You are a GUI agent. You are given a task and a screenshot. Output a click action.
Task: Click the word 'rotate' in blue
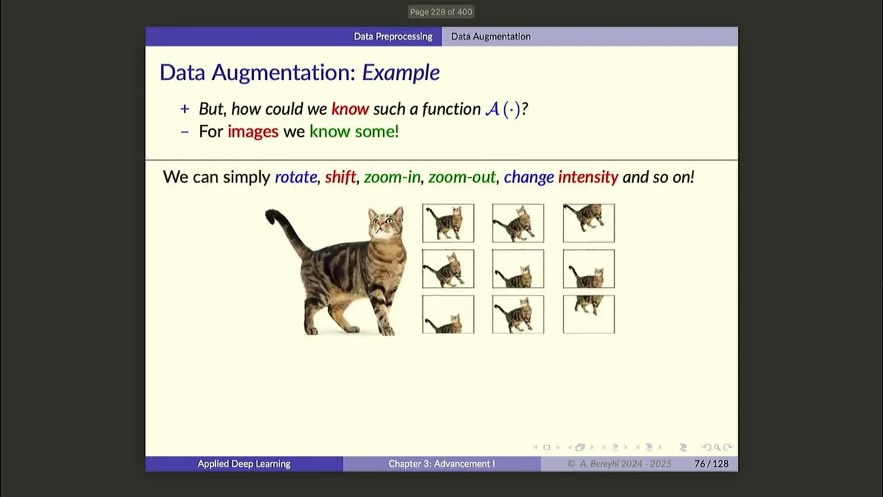pos(295,177)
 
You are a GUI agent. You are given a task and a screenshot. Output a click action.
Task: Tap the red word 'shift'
pos(340,177)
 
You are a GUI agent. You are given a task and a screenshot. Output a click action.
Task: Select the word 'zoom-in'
pos(392,177)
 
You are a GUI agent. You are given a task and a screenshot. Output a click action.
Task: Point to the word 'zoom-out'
pos(462,177)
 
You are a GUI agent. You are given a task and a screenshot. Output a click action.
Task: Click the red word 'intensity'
pos(588,177)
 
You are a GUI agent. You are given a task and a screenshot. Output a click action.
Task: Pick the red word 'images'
pos(252,131)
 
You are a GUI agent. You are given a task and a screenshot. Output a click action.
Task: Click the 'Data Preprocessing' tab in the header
pos(393,37)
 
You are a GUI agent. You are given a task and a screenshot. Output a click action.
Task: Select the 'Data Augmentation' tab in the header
pos(490,37)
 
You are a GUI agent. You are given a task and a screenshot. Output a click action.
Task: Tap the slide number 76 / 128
pos(711,464)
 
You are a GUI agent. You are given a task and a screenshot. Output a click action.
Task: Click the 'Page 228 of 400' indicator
pos(441,12)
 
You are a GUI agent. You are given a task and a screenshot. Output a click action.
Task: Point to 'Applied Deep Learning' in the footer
pos(244,464)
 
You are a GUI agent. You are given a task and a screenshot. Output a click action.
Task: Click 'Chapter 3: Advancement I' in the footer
pos(441,464)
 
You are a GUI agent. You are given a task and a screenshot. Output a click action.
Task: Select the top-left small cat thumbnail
pos(448,223)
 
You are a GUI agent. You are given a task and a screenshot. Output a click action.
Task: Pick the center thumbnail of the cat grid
pos(518,269)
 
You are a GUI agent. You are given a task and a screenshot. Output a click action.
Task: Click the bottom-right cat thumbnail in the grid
pos(588,314)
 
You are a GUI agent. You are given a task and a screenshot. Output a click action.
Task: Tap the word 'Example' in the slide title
pos(401,72)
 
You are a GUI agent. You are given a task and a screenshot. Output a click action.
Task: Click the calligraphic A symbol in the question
pos(492,109)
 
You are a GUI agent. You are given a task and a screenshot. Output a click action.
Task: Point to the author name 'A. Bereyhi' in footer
pos(602,464)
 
